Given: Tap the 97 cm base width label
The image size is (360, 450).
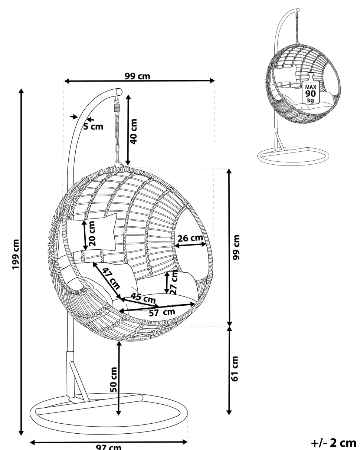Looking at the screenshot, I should coord(108,447).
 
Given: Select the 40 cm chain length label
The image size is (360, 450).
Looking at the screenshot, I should coord(134,131).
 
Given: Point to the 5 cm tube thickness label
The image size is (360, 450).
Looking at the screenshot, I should coord(93,127).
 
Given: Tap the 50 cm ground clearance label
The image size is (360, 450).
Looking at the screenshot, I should coord(114,379).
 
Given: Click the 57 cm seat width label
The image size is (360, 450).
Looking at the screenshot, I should coord(162,312).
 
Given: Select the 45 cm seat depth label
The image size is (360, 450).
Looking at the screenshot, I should coord(144,298).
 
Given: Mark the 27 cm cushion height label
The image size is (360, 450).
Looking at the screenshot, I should coord(174,283).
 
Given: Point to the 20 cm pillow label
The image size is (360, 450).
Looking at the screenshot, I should coord(92,233).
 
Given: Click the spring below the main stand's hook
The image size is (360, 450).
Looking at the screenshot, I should coord(118,108).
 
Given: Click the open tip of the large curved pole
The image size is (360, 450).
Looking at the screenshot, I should coord(119,91).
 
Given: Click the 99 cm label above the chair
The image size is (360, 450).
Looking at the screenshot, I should coord(137,76).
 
